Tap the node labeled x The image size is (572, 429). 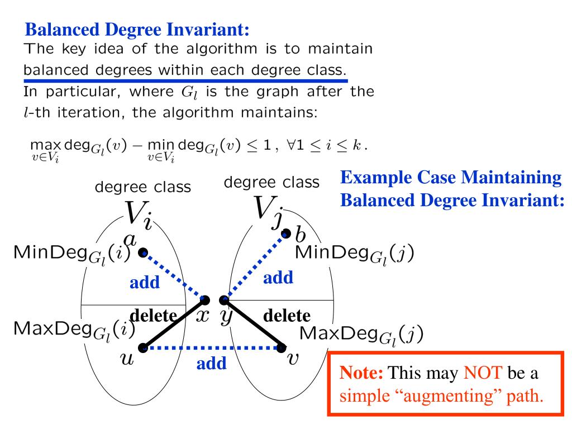[206, 300]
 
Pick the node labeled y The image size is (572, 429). [224, 300]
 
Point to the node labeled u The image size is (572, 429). [143, 348]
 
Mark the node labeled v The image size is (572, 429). [282, 348]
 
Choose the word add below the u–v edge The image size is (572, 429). [212, 364]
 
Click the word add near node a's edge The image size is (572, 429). [144, 283]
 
